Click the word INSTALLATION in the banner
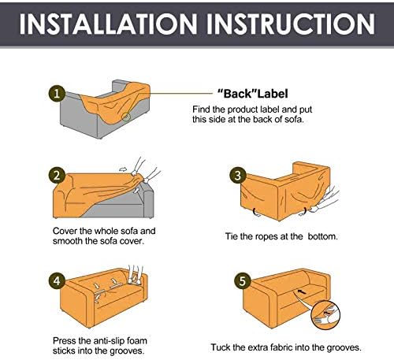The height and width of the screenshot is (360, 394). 108,24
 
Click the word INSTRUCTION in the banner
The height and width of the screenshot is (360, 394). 291,24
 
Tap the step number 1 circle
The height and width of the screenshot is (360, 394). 57,94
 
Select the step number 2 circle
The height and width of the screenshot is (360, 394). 57,176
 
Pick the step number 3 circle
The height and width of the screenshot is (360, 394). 238,176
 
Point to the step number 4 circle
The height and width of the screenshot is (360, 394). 57,281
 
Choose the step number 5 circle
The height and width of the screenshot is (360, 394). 242,280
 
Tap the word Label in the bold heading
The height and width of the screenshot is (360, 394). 273,94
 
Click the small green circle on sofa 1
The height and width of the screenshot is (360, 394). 126,117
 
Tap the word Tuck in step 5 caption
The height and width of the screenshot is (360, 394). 221,347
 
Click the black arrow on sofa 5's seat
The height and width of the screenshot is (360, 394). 303,291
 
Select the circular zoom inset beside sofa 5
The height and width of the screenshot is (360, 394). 325,314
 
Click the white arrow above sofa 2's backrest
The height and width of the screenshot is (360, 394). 123,169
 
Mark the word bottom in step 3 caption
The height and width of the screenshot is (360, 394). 323,236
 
